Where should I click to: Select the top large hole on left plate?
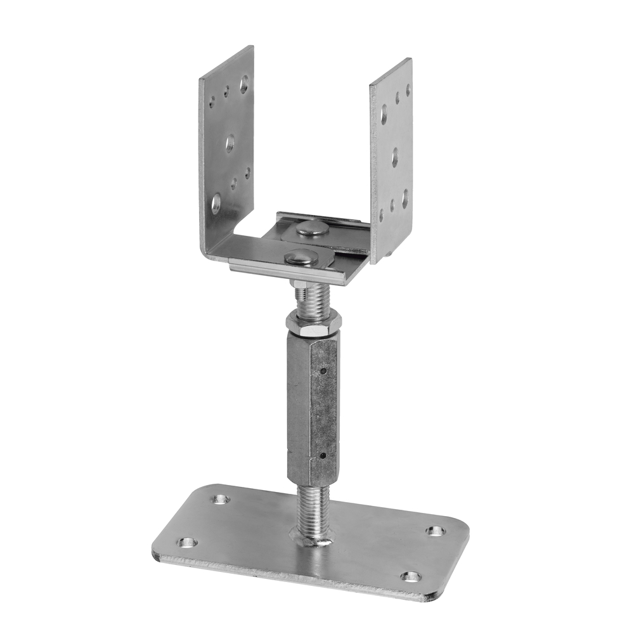tap(244, 83)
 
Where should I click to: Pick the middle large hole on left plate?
tap(230, 144)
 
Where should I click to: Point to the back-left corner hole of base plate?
tap(220, 499)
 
